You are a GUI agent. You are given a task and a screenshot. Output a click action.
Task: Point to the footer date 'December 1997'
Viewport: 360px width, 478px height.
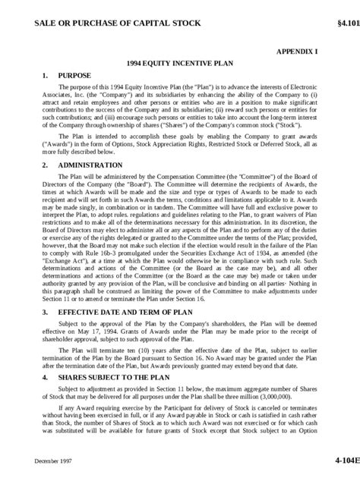[x=52, y=461]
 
